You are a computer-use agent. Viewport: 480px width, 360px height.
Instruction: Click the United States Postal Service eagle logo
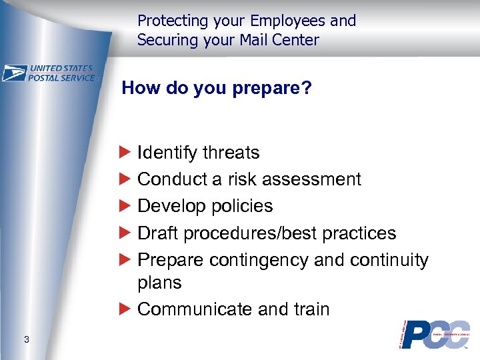(15, 73)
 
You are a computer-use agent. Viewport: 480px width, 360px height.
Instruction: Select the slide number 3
(26, 340)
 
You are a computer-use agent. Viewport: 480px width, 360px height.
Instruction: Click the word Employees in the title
(289, 21)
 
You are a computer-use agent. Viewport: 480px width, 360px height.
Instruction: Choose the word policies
(243, 206)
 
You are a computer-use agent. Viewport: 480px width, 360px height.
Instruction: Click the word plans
(159, 283)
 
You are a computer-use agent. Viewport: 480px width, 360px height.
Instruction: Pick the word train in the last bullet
(310, 309)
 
